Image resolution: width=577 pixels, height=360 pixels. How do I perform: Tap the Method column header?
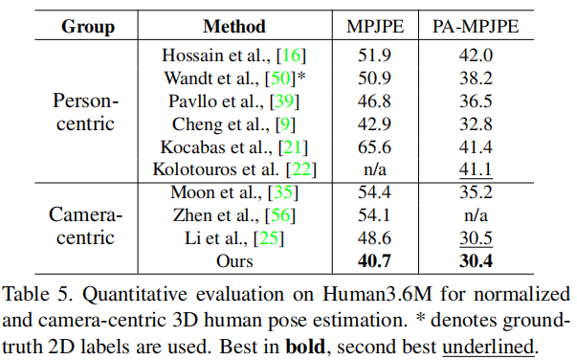[233, 25]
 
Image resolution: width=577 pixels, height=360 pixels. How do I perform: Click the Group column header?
[88, 25]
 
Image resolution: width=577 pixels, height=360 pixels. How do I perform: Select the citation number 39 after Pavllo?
[285, 101]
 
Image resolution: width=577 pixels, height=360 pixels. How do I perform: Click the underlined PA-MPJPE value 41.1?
[475, 169]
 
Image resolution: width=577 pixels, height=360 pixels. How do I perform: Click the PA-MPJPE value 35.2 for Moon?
[475, 193]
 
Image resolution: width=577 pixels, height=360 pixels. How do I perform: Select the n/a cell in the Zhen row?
[475, 216]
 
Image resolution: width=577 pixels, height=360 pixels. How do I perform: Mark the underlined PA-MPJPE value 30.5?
[475, 239]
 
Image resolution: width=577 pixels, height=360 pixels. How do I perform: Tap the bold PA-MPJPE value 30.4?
[475, 262]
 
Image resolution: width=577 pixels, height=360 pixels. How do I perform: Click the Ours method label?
[234, 262]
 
